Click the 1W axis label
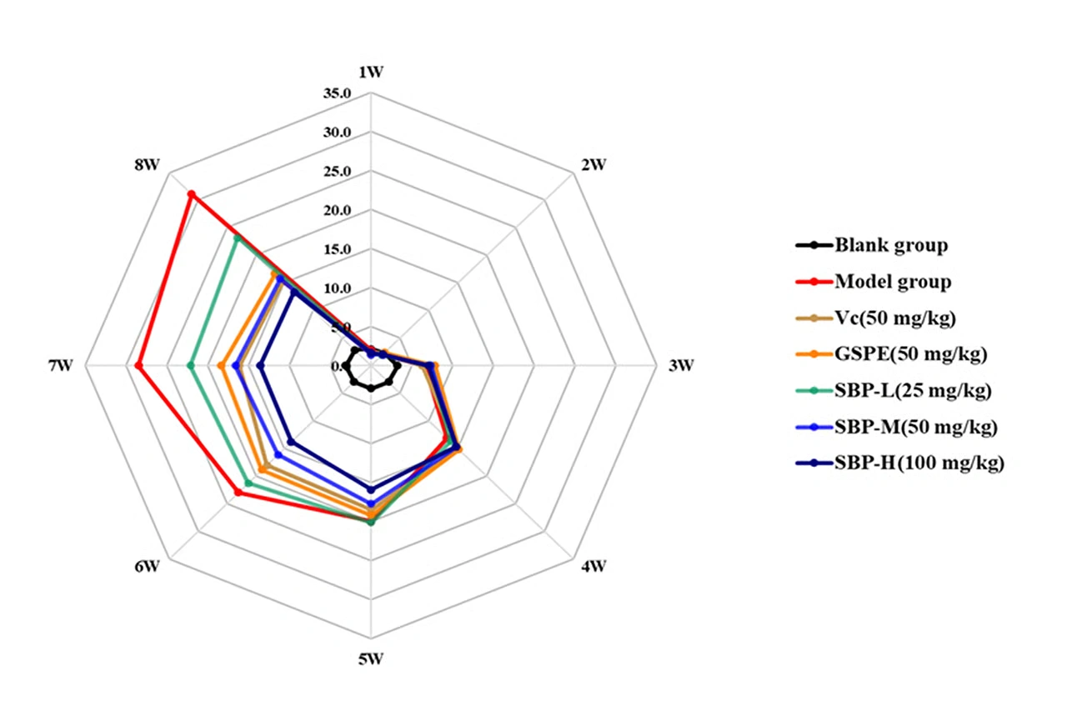(x=371, y=72)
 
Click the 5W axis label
(x=371, y=659)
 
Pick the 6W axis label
(x=146, y=568)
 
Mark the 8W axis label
(x=146, y=164)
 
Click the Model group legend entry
(x=892, y=282)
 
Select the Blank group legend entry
(x=890, y=245)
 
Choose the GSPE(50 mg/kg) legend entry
(x=910, y=354)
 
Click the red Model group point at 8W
(x=191, y=194)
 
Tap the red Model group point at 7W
(x=138, y=366)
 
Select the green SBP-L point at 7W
(x=190, y=366)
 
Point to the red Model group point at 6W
(x=238, y=493)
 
